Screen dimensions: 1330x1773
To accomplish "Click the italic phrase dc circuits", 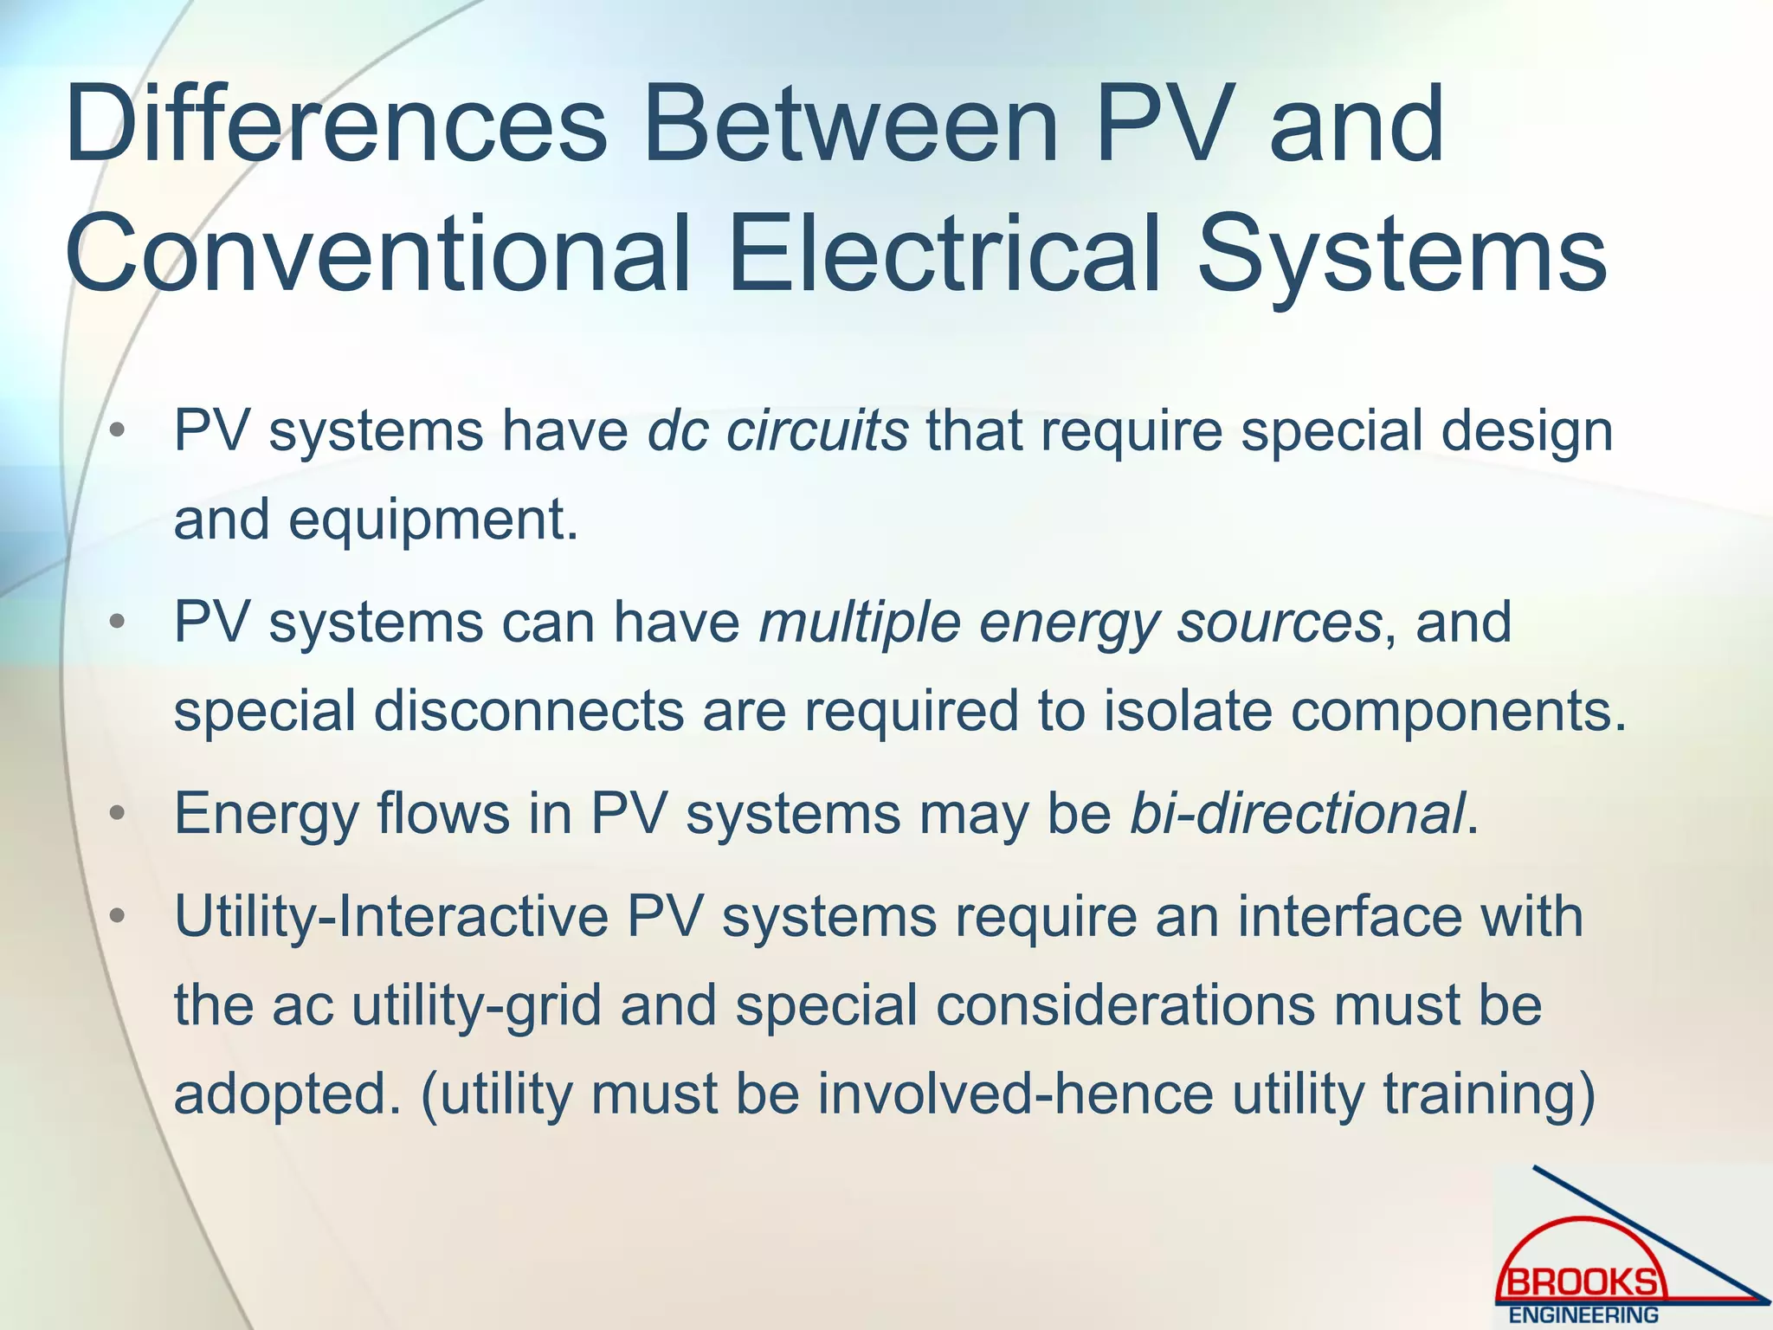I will pyautogui.click(x=777, y=430).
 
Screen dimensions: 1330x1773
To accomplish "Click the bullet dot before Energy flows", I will pyautogui.click(x=119, y=815).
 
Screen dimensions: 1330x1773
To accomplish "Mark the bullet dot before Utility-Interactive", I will pyautogui.click(x=119, y=918).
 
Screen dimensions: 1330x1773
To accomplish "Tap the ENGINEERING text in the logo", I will pyautogui.click(x=1583, y=1315).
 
